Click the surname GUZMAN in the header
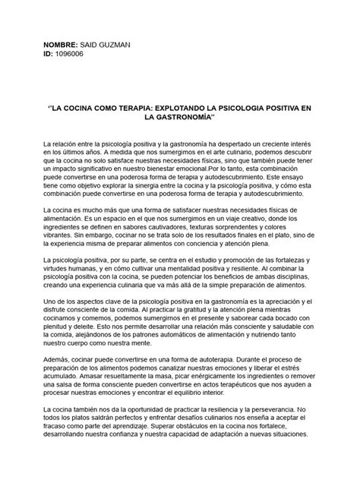point(115,47)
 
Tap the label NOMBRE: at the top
point(64,47)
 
